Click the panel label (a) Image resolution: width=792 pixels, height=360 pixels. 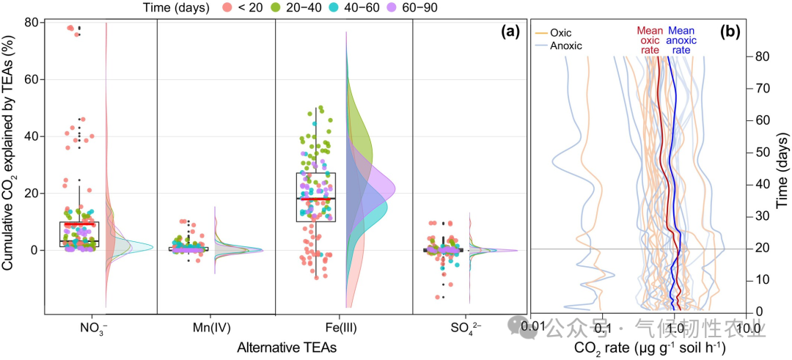click(x=510, y=31)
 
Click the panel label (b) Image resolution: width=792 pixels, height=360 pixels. click(x=731, y=31)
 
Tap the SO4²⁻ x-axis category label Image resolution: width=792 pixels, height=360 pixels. click(x=444, y=328)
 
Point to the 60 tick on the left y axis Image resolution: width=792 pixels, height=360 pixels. click(x=32, y=79)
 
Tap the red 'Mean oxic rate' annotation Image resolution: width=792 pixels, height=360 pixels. click(x=650, y=40)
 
